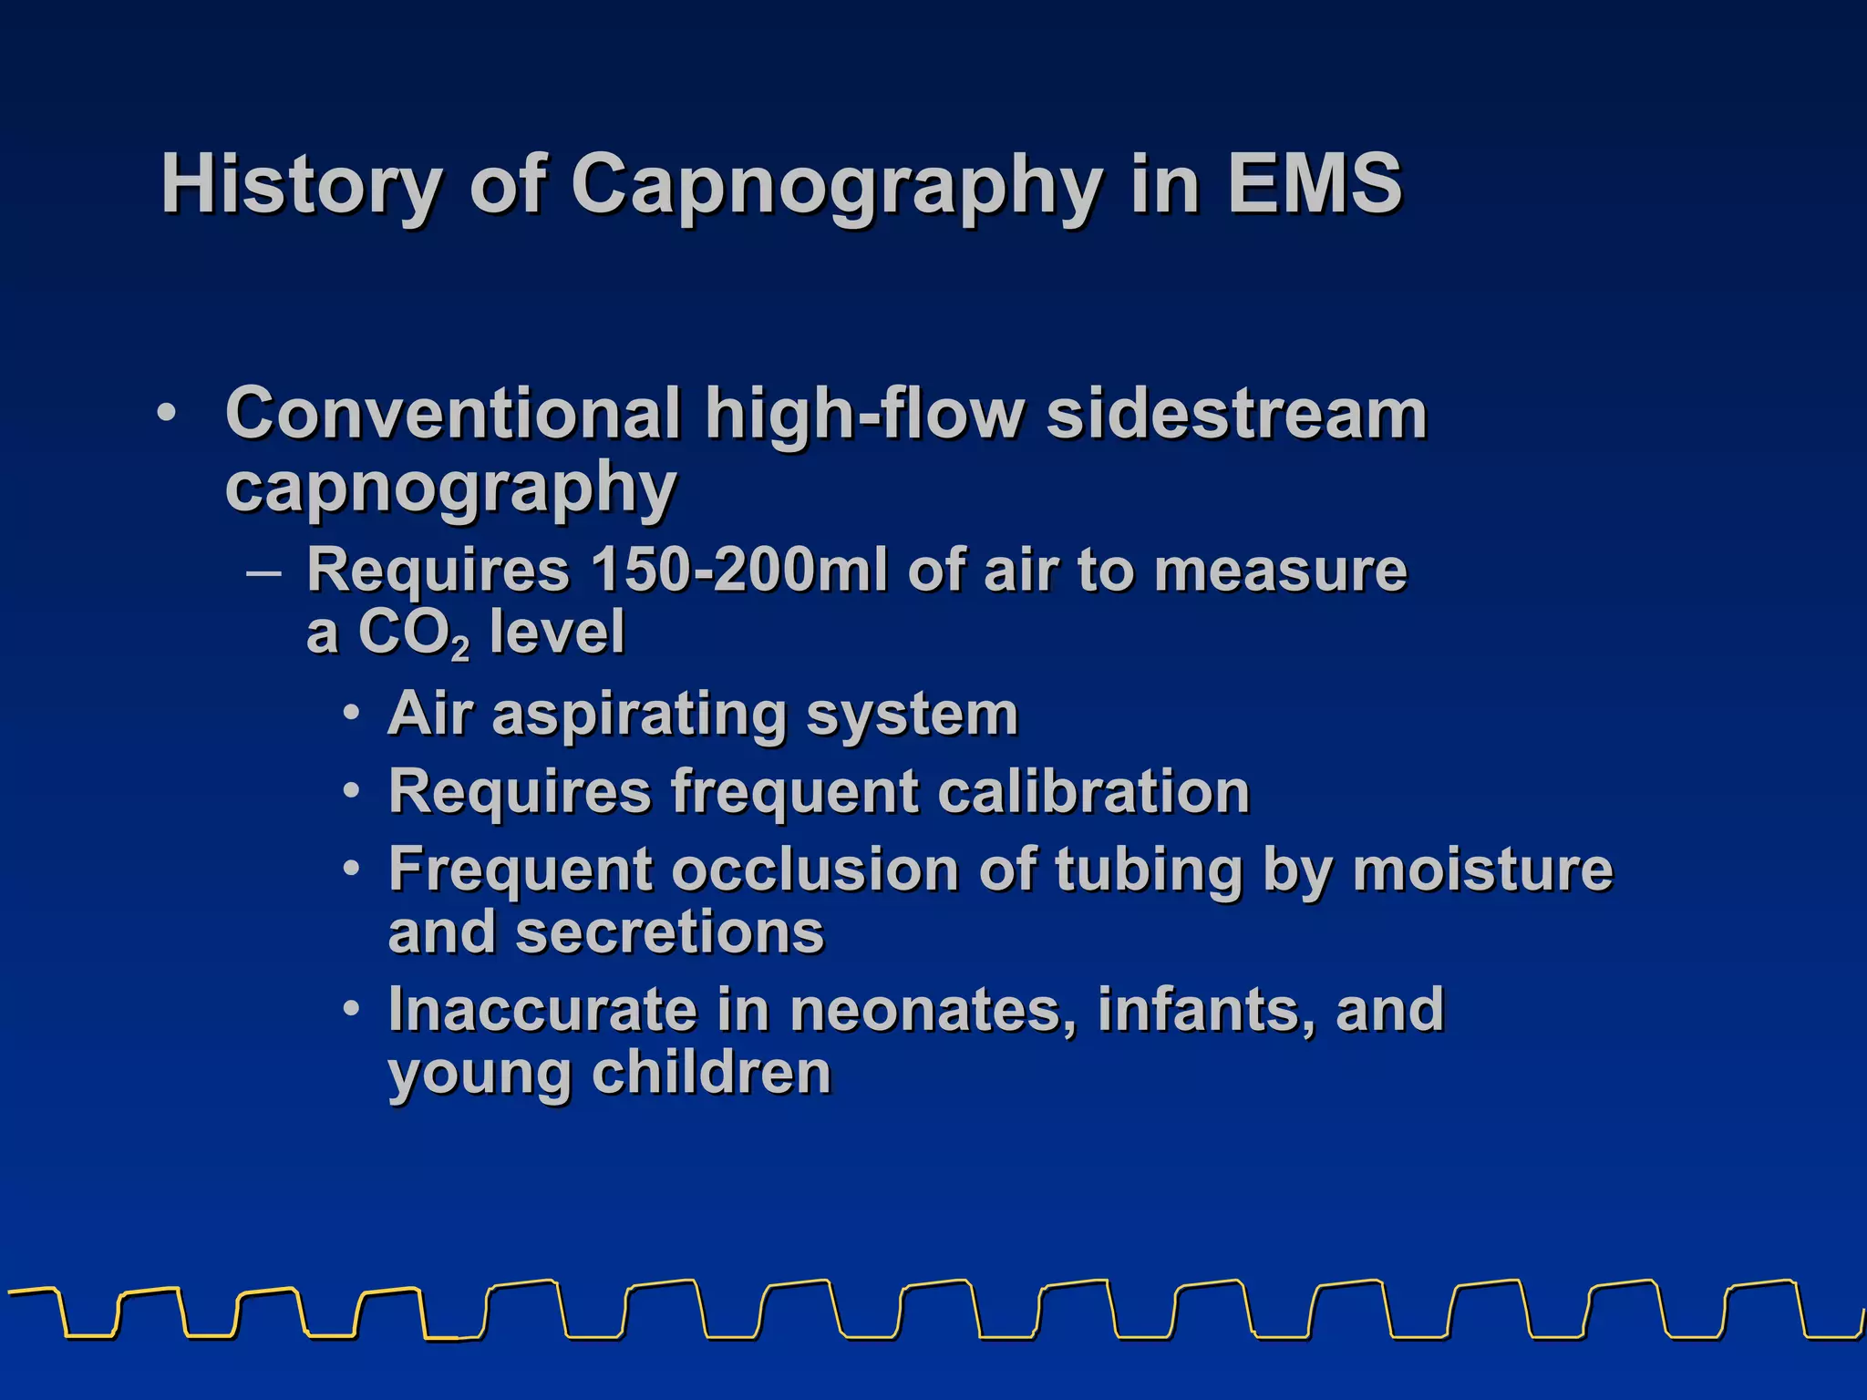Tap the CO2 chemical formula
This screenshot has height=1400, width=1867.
(x=413, y=633)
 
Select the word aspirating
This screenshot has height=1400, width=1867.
(x=638, y=714)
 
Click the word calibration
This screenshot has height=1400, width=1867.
(x=1093, y=790)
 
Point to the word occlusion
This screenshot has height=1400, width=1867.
(x=815, y=869)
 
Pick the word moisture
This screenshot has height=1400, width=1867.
(x=1482, y=869)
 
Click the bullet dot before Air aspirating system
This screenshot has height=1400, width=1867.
(x=352, y=714)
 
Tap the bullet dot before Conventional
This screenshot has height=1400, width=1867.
(x=166, y=413)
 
